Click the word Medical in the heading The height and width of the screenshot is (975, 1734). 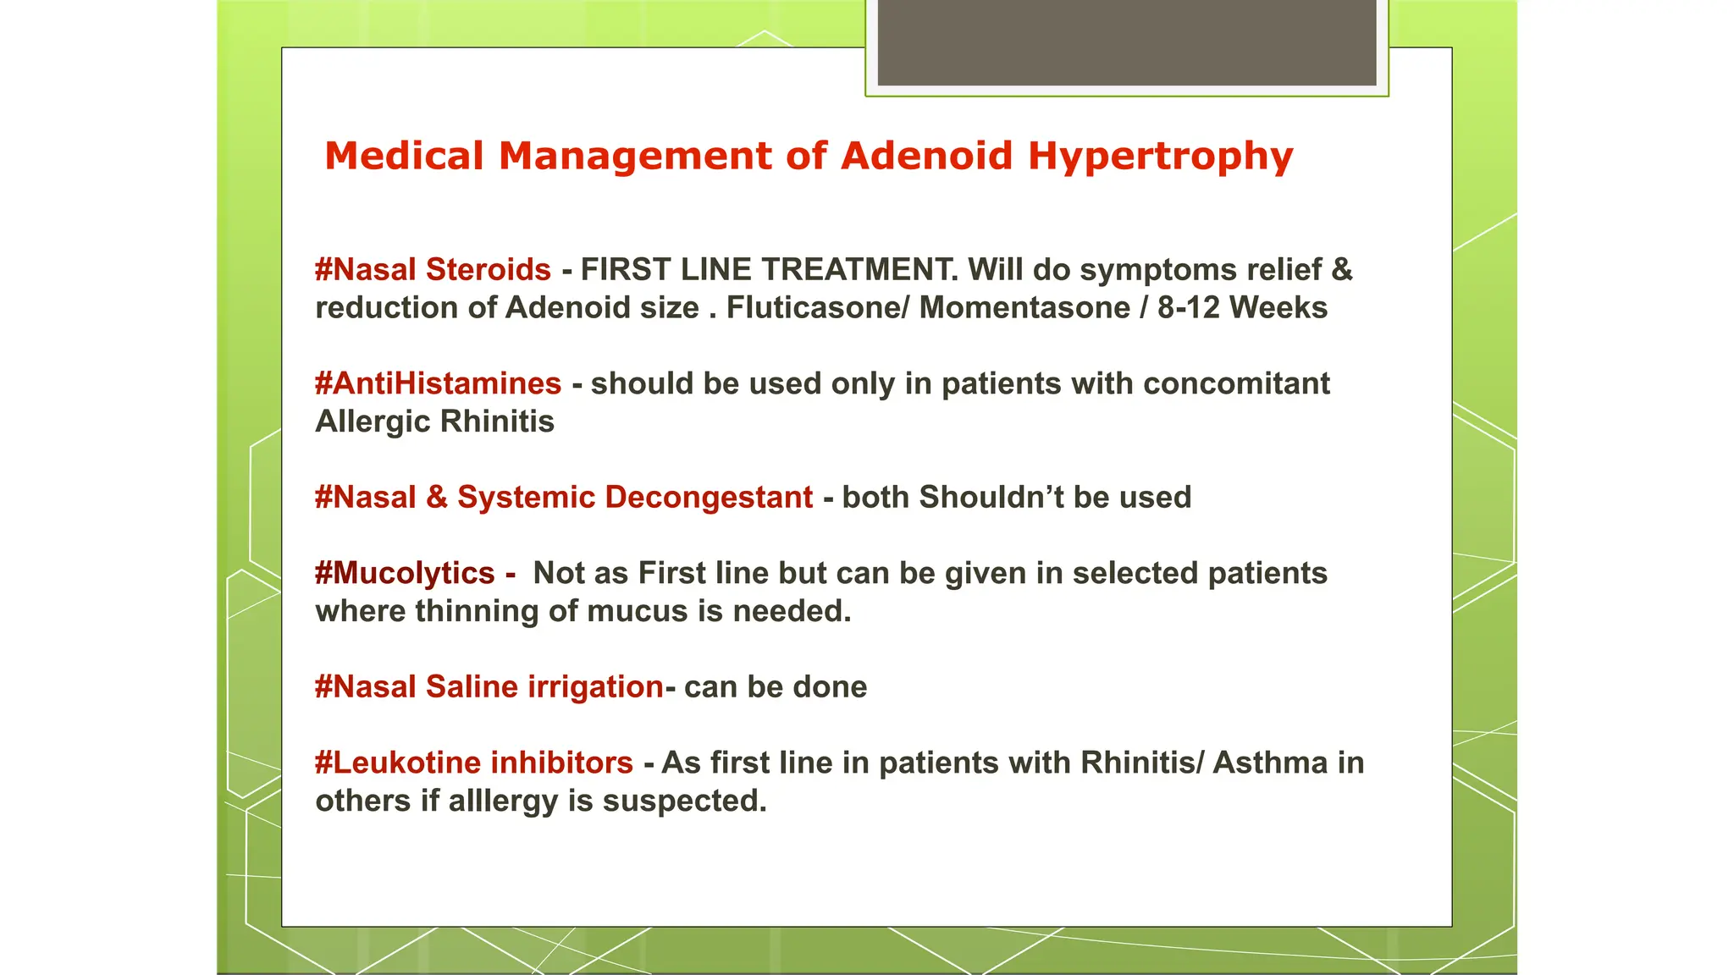404,157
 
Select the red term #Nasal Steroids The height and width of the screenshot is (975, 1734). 433,270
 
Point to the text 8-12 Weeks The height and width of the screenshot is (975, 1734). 1242,308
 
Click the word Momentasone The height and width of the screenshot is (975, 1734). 1024,308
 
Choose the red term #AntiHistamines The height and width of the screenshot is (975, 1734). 438,384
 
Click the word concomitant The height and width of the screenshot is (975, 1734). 1236,384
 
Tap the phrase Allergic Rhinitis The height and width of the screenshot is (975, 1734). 434,421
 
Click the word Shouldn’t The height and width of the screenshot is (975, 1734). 991,498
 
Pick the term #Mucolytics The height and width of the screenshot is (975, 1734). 405,574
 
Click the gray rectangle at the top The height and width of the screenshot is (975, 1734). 1126,42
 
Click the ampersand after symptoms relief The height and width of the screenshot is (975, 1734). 1341,270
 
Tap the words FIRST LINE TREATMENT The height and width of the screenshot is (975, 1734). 769,270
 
